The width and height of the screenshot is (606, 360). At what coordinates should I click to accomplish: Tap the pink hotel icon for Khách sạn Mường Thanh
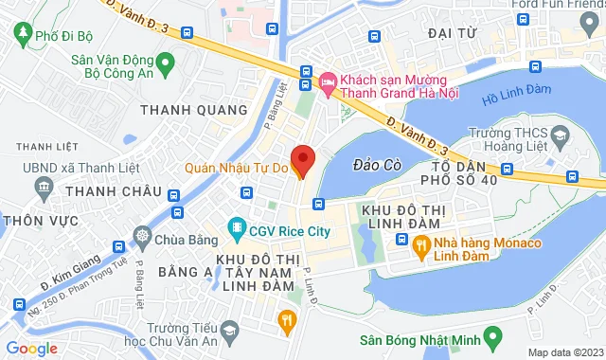click(329, 83)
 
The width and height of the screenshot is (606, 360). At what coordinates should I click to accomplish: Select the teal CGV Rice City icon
click(236, 228)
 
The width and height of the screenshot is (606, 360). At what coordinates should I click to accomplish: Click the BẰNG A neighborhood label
click(183, 273)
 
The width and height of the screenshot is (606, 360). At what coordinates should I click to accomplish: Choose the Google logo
click(32, 348)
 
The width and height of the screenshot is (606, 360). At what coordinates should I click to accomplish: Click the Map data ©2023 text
click(563, 352)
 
